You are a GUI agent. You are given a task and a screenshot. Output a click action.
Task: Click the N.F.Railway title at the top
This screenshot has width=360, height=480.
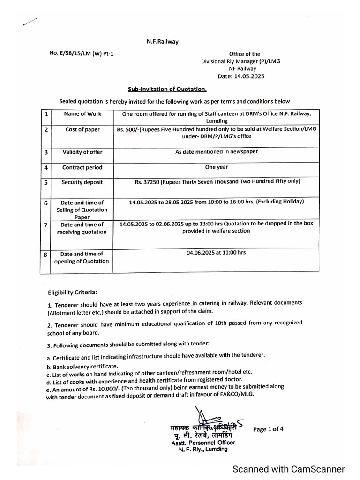point(162,42)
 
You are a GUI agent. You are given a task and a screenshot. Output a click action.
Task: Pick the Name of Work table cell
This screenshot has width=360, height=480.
point(82,114)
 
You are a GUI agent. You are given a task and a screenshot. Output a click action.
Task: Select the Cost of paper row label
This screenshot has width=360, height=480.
point(82,129)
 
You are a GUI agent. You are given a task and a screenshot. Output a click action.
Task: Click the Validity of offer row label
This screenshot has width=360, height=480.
point(82,152)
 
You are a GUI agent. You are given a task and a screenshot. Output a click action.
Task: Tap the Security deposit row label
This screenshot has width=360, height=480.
point(82,182)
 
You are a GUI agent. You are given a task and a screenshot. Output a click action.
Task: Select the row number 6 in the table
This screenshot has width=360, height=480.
point(45,203)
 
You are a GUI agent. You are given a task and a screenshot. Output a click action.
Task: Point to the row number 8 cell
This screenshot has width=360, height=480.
point(45,255)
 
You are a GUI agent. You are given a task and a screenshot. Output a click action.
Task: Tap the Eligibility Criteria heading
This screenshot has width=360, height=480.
point(73,292)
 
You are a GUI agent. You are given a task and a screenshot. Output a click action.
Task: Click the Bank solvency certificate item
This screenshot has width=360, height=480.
point(82,366)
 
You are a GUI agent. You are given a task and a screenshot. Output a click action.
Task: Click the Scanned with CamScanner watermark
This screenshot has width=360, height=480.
point(289,469)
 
